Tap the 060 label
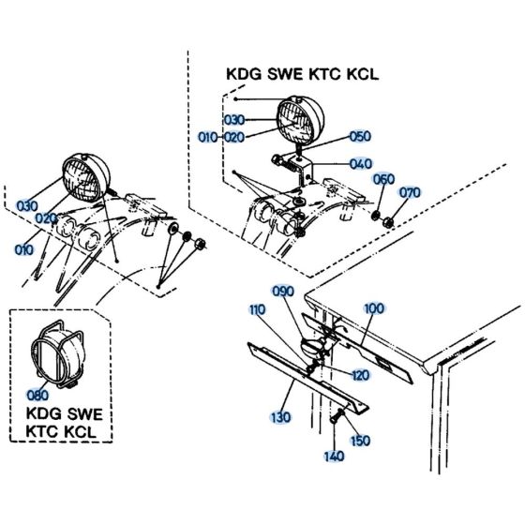384,178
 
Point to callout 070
411,192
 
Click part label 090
284,291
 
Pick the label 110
257,309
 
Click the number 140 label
335,456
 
